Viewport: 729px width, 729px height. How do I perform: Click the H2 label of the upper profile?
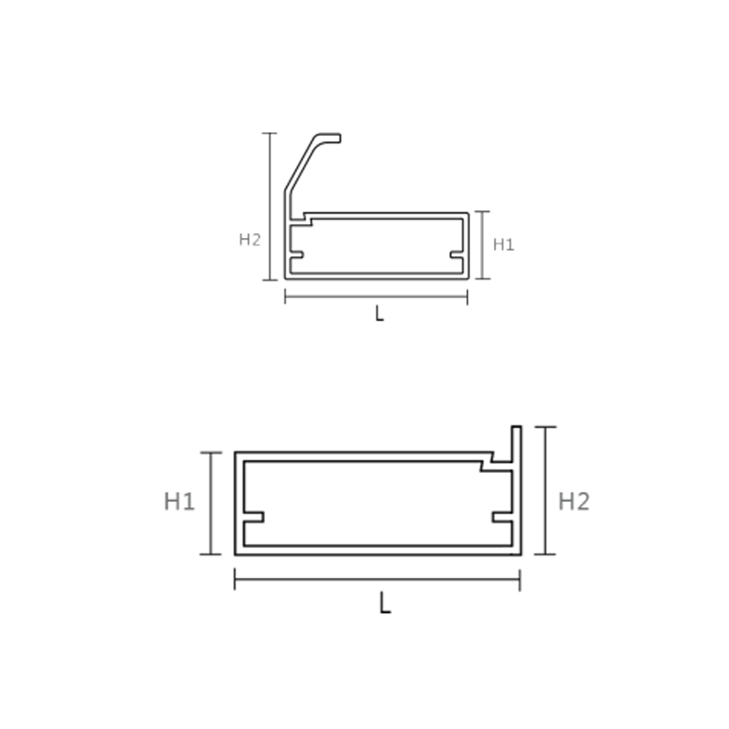(250, 240)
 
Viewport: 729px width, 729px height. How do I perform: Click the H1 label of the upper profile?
(504, 244)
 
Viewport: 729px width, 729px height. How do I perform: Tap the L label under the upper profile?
(379, 314)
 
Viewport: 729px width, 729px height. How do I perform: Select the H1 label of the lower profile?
(180, 502)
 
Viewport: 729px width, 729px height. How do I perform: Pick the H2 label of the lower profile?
(574, 502)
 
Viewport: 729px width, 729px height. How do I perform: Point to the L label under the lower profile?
(385, 603)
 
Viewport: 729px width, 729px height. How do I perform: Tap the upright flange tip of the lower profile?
(516, 426)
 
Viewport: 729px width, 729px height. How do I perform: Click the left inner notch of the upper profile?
(297, 254)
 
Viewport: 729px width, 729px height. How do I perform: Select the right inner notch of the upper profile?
(457, 254)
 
